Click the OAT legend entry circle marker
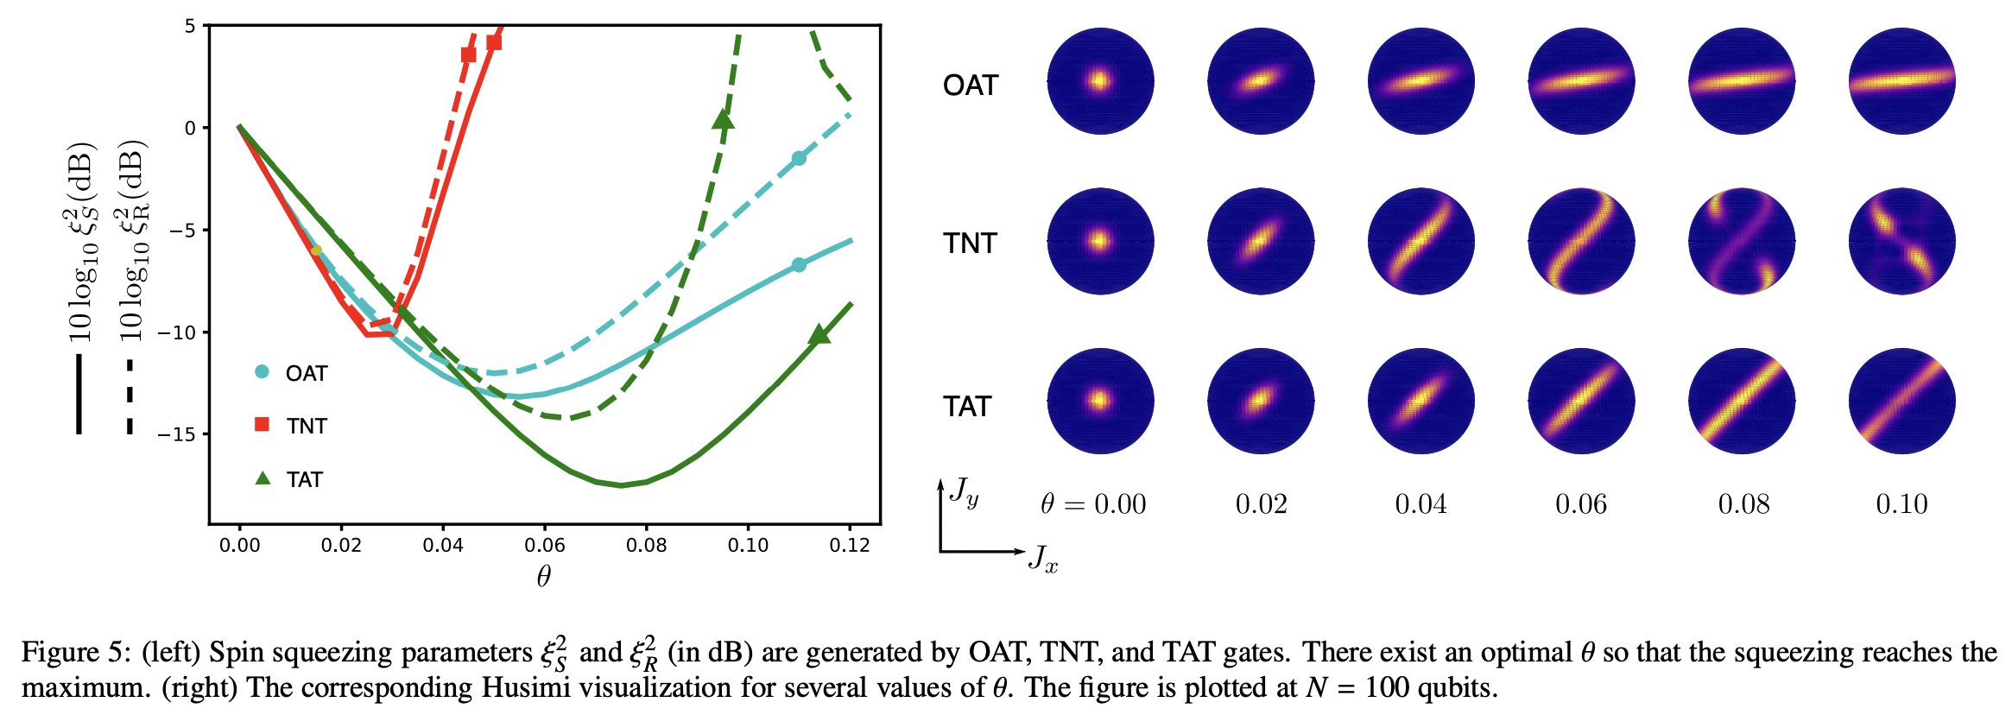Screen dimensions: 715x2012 [263, 372]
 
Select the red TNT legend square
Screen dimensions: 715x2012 [263, 424]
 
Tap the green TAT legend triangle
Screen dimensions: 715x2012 [263, 478]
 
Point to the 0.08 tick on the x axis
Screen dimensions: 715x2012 [646, 546]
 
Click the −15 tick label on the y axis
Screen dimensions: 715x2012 [177, 434]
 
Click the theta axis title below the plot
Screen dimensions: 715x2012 [543, 577]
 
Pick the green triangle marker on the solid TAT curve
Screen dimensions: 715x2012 [819, 334]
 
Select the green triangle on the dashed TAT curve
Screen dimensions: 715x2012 [724, 119]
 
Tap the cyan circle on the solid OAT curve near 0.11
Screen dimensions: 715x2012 [799, 265]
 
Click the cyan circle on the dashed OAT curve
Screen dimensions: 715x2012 [799, 158]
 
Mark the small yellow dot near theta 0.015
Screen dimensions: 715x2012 [316, 250]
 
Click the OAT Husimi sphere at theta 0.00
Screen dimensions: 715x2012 [1100, 81]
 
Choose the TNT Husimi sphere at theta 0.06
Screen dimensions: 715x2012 [1581, 242]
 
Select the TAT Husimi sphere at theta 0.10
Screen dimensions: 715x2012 [1901, 402]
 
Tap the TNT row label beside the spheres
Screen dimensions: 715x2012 [970, 244]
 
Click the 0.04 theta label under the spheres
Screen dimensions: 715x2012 [1420, 504]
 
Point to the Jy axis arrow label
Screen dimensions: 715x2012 [964, 492]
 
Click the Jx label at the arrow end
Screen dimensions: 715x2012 [1043, 559]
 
